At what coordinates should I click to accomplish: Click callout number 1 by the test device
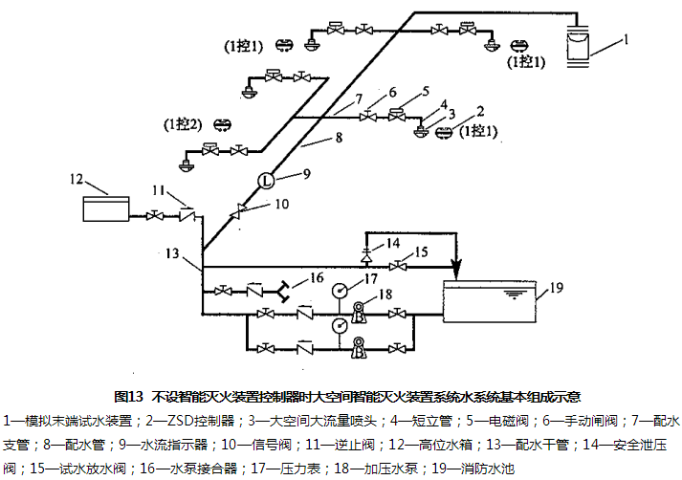[x=626, y=39]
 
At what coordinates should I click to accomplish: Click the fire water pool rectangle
[x=493, y=302]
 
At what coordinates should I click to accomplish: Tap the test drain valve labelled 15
[x=404, y=266]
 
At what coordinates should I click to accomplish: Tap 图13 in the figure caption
[x=128, y=395]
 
